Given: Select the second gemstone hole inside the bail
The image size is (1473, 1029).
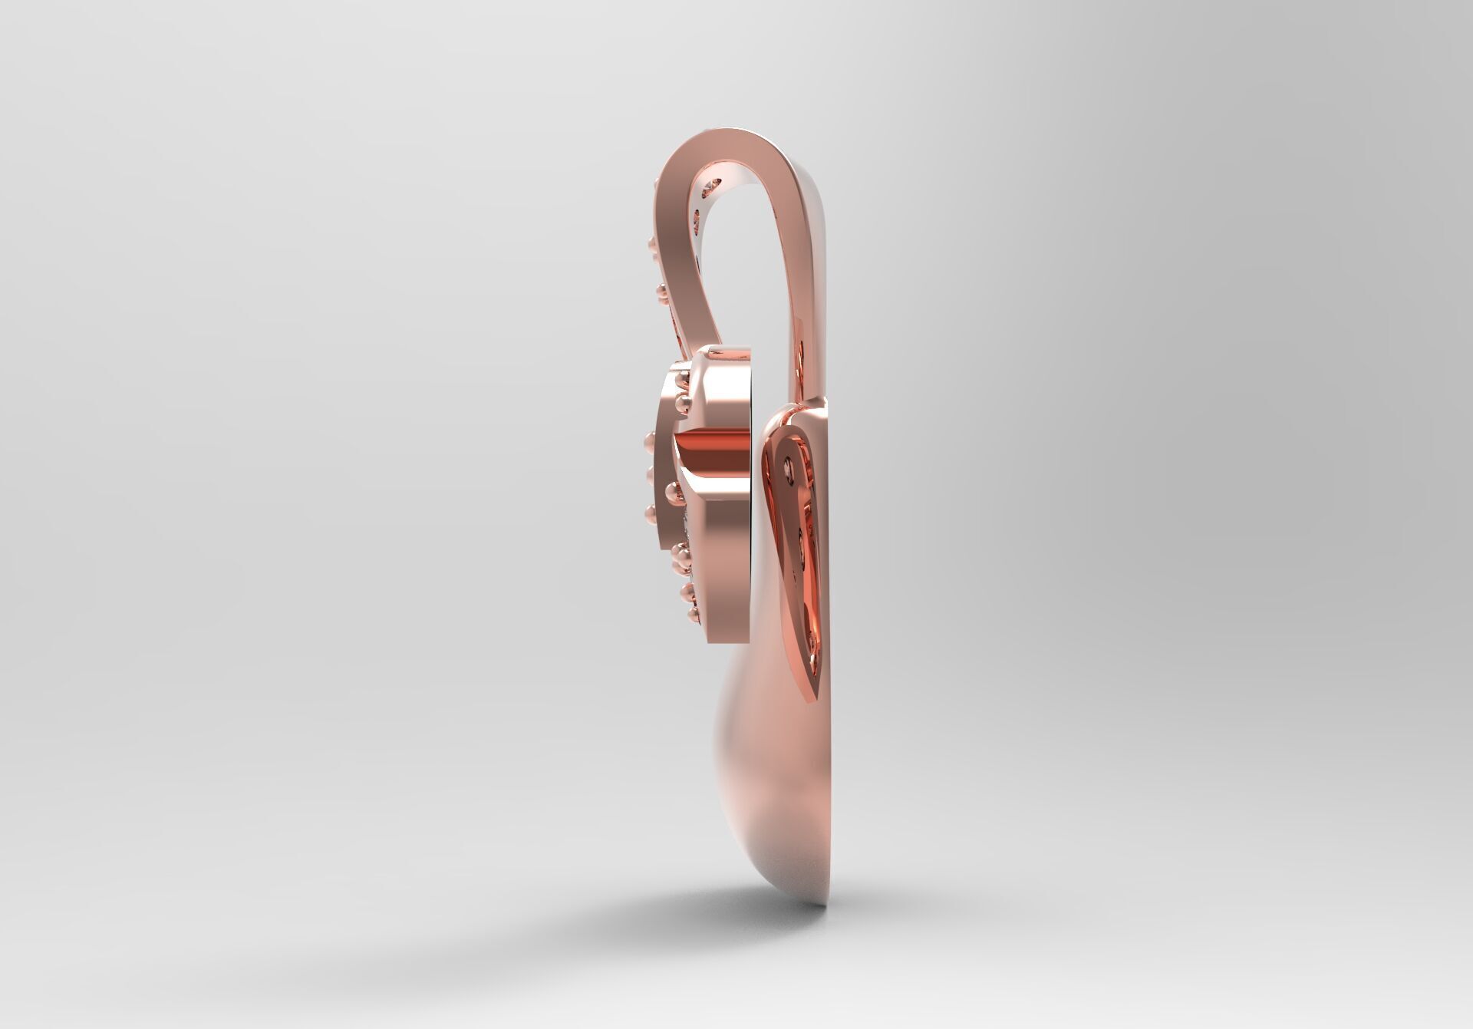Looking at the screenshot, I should coord(697,223).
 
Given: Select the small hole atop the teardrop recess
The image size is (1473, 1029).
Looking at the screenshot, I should coord(789,463).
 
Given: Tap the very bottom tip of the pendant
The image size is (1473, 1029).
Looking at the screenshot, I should coord(821,903).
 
